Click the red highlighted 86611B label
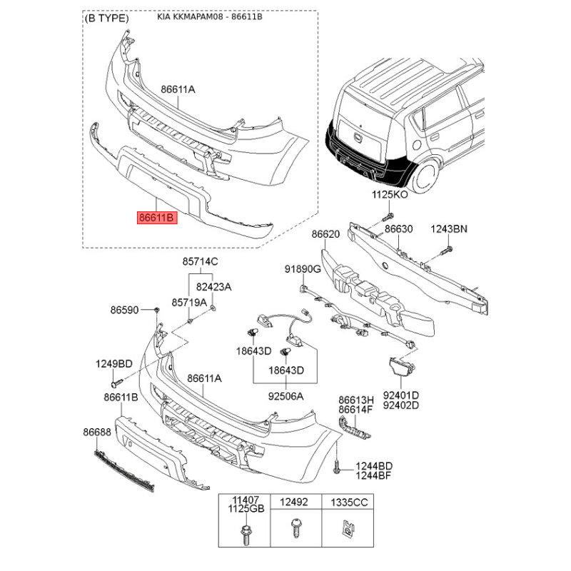(157, 218)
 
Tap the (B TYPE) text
(106, 19)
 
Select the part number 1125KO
(390, 194)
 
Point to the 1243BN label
(449, 229)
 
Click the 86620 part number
(325, 234)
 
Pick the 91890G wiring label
(303, 269)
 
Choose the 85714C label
(201, 261)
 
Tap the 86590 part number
(124, 310)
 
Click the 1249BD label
(114, 364)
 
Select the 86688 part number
(97, 432)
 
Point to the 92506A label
(286, 396)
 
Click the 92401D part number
(401, 395)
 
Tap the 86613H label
(356, 400)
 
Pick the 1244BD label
(374, 466)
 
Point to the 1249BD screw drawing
(117, 383)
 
